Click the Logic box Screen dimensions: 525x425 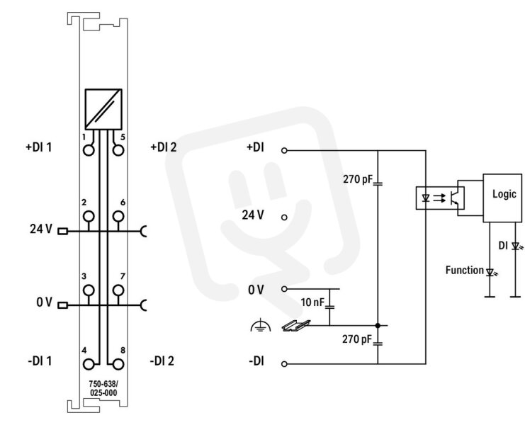[502, 198]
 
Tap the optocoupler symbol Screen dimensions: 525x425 [440, 198]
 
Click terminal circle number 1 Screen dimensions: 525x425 [89, 151]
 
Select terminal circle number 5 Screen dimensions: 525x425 [118, 151]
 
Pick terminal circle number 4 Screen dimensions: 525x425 [89, 364]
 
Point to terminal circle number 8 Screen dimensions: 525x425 [118, 364]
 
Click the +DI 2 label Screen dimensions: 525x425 [164, 147]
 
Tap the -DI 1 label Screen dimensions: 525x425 [40, 361]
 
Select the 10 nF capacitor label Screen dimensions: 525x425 [312, 302]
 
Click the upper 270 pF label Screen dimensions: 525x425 [358, 179]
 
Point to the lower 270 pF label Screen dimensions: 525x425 [357, 339]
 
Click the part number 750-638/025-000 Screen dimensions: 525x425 [103, 388]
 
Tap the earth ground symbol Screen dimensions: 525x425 [261, 326]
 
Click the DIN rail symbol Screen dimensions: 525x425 [296, 326]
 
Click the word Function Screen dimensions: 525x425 [464, 270]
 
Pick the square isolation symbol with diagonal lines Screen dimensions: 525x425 [103, 109]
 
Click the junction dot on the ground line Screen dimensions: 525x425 [378, 325]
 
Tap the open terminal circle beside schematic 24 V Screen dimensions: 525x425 [284, 217]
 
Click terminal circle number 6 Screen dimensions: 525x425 [118, 217]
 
